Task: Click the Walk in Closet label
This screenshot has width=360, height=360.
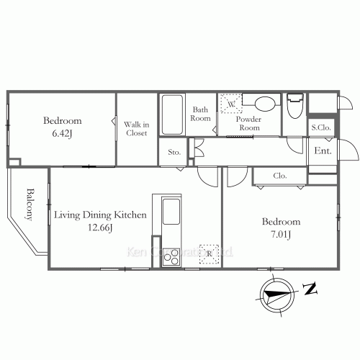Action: (136, 129)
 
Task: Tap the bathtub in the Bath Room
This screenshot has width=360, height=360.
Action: (172, 114)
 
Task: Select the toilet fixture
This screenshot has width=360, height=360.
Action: (295, 106)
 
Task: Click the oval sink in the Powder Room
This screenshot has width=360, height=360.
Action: (265, 104)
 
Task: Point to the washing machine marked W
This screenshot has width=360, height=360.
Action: (231, 104)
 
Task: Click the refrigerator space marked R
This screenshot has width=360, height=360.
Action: (209, 254)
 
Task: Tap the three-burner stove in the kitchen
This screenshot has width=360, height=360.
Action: (171, 257)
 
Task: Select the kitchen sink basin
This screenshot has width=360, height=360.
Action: (171, 212)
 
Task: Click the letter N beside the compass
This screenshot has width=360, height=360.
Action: (310, 289)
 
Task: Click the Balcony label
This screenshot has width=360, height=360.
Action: (30, 204)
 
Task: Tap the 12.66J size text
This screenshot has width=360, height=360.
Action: (100, 228)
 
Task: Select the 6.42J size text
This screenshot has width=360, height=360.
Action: (62, 133)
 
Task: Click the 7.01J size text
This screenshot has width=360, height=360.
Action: (281, 234)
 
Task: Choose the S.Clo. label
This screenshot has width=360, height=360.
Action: (321, 127)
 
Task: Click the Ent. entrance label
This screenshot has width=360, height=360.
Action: (323, 150)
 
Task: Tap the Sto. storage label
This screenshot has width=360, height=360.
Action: (174, 152)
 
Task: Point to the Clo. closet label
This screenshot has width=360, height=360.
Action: (280, 176)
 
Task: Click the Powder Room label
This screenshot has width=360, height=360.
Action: (249, 123)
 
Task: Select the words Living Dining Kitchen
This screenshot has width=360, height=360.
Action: (100, 215)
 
